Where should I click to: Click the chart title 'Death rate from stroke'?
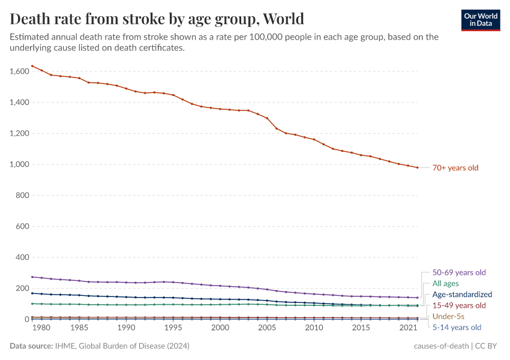pyautogui.click(x=157, y=19)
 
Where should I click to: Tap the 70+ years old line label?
pyautogui.click(x=455, y=168)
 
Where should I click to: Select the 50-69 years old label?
pyautogui.click(x=459, y=272)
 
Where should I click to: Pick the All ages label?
pyautogui.click(x=445, y=283)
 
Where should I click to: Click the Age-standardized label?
pyautogui.click(x=462, y=295)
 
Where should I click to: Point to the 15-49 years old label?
pyautogui.click(x=459, y=305)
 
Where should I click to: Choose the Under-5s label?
pyautogui.click(x=449, y=316)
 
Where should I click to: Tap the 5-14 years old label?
pyautogui.click(x=457, y=328)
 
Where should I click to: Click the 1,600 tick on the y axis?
pyautogui.click(x=19, y=71)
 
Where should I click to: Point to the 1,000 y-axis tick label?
pyautogui.click(x=19, y=164)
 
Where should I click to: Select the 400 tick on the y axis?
pyautogui.click(x=23, y=257)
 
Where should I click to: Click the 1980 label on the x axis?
pyautogui.click(x=41, y=328)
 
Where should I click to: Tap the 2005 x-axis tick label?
pyautogui.click(x=267, y=328)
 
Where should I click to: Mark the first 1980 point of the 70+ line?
pyautogui.click(x=32, y=66)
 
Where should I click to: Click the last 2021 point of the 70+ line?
pyautogui.click(x=417, y=167)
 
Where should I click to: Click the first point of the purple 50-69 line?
pyautogui.click(x=32, y=277)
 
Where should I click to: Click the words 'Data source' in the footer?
pyautogui.click(x=31, y=346)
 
